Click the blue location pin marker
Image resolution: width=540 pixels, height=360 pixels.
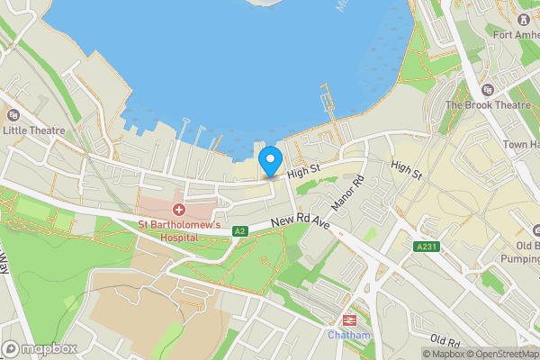coord(269,162)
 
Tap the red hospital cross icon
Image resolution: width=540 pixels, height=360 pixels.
coord(178,209)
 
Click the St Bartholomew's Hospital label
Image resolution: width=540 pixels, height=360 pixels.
coord(179,230)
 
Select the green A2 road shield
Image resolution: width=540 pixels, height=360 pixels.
coord(239,231)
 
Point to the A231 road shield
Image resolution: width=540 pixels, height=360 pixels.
coord(427,247)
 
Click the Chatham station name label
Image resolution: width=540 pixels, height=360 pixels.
coord(348,335)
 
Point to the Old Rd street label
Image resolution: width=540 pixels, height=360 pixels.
coord(445,341)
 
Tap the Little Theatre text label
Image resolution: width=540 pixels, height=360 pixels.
coord(34,130)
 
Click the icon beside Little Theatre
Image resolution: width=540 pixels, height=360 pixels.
coord(13,114)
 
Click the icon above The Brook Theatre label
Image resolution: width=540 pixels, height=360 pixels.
coord(487,89)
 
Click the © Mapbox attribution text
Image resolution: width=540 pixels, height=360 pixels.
coord(442,354)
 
